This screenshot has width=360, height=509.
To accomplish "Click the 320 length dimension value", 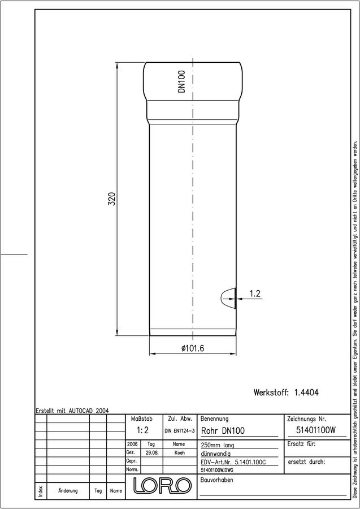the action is tap(112, 199).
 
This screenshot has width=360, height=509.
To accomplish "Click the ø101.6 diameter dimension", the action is tap(193, 348).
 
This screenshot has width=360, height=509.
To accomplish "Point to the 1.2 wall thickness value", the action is tap(255, 294).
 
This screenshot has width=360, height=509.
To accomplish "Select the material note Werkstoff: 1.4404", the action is tap(286, 392).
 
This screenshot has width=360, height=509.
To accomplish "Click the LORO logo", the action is tap(162, 485).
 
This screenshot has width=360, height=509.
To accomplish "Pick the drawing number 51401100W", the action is tap(316, 430).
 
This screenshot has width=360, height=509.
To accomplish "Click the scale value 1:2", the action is tap(142, 430).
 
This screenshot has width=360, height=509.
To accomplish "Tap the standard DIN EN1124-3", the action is tap(180, 431).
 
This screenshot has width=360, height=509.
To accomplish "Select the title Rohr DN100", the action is tap(223, 431).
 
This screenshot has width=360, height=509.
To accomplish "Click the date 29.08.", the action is tap(152, 452).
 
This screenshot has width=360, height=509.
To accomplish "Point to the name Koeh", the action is tap(180, 452).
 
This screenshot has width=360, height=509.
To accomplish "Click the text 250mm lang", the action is tap(218, 446).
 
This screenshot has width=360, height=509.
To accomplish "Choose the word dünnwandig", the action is tap(216, 454).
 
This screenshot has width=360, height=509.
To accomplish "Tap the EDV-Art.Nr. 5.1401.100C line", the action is tap(233, 462).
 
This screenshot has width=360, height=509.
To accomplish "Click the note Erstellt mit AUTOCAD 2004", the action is tap(72, 411).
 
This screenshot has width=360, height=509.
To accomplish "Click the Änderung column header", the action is tap(68, 491).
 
